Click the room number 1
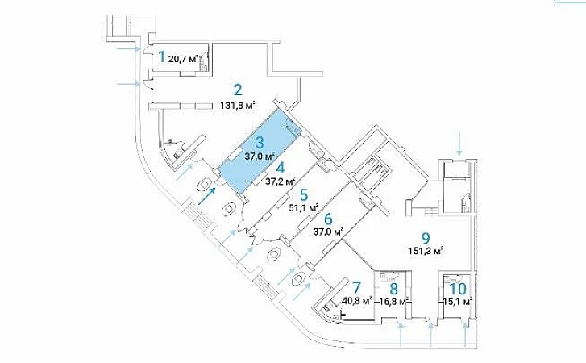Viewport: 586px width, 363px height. [x=161, y=56]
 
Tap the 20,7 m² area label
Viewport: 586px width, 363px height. [x=184, y=59]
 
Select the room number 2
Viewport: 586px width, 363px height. [x=237, y=90]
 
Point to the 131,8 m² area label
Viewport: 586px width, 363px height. [x=238, y=105]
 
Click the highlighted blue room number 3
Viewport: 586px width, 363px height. [x=260, y=142]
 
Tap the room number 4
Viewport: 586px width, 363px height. [x=280, y=168]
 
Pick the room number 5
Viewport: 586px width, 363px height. [x=303, y=194]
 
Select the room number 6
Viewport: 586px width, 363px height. [x=328, y=218]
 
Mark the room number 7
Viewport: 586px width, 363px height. [x=355, y=288]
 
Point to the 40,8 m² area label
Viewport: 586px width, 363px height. [x=357, y=302]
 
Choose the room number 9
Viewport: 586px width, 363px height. [x=426, y=237]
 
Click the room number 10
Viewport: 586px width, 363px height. [x=457, y=288]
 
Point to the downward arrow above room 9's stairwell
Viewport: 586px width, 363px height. [x=459, y=145]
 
